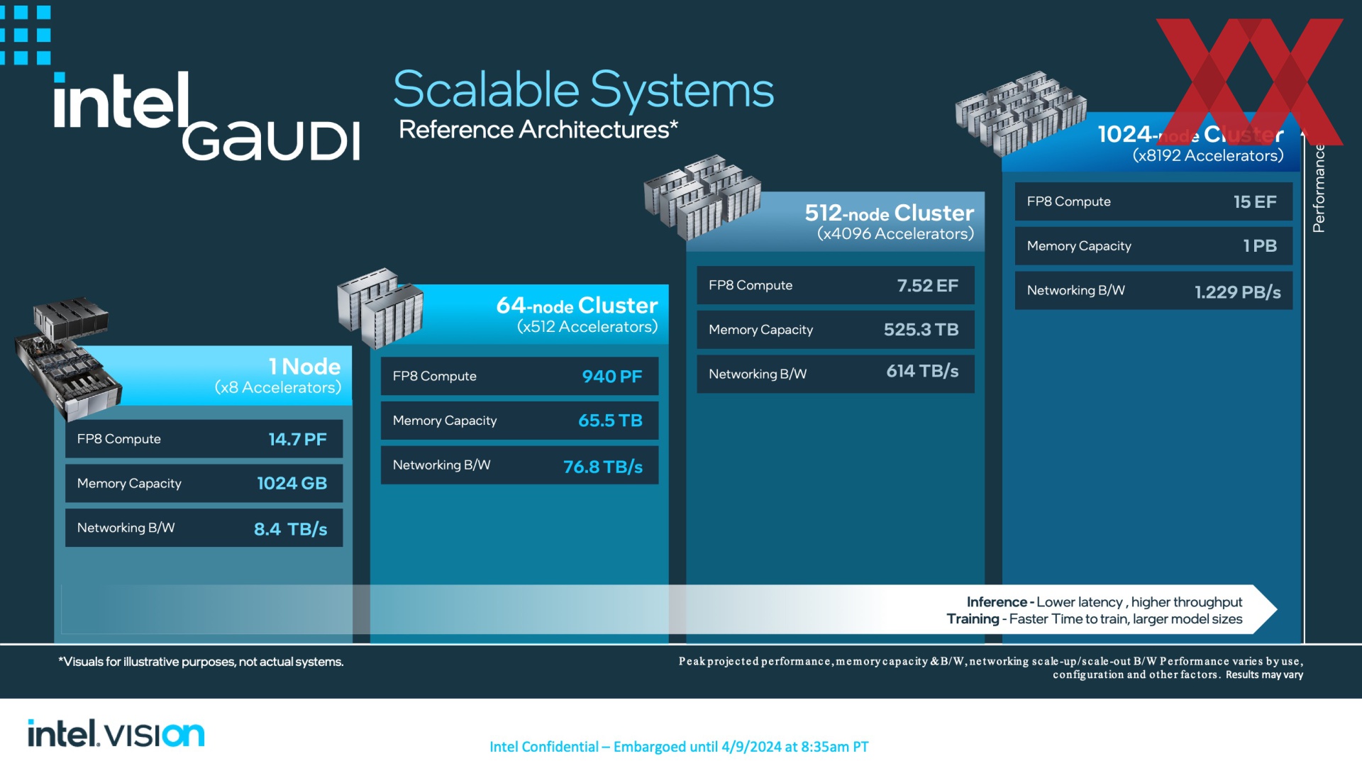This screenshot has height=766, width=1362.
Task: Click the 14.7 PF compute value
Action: (297, 439)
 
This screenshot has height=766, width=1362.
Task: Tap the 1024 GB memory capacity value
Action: (292, 484)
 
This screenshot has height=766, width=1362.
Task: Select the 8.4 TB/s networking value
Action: (290, 529)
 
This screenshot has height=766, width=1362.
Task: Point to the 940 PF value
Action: (611, 377)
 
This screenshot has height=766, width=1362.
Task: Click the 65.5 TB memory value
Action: (610, 421)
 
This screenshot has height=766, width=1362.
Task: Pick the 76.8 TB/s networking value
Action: (603, 467)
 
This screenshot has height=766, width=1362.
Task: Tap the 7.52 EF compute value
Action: (927, 286)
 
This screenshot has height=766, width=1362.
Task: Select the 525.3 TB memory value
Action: (921, 330)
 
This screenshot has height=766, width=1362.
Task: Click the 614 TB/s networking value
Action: (922, 371)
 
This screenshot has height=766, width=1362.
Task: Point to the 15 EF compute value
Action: (1255, 202)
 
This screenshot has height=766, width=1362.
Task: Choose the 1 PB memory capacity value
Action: (1260, 246)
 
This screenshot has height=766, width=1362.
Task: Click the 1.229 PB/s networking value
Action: (1237, 292)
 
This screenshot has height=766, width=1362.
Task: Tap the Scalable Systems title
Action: (583, 90)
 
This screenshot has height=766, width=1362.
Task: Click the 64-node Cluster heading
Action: (577, 305)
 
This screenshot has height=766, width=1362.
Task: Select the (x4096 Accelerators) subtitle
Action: (895, 234)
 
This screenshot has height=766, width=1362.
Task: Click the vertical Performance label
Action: (1319, 188)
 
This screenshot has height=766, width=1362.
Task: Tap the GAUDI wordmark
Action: (271, 140)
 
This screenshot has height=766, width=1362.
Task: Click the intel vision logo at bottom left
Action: (116, 733)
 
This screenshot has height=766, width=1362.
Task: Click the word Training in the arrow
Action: (973, 619)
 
